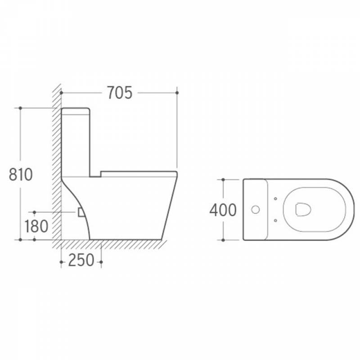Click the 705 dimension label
click(120, 93)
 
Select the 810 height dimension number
click(21, 175)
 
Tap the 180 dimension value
click(36, 226)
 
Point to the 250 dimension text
click(81, 260)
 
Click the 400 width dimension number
click(223, 210)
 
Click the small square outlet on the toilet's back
click(81, 212)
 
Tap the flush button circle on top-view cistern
click(255, 209)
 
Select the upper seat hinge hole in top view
click(275, 198)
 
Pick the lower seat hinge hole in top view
click(275, 220)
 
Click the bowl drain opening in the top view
click(303, 209)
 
